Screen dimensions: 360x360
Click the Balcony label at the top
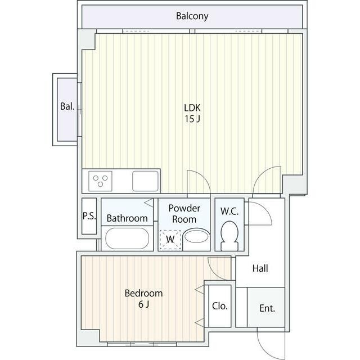click(x=192, y=16)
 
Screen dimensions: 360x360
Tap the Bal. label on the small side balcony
click(x=67, y=106)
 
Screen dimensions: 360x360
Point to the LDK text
click(x=192, y=107)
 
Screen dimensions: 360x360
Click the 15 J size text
click(x=192, y=119)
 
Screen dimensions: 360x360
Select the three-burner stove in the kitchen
click(x=100, y=181)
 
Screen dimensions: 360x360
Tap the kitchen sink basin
click(x=145, y=181)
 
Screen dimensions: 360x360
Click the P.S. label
click(x=89, y=215)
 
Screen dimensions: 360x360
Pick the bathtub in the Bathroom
click(x=127, y=238)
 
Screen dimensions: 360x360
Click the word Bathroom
click(x=127, y=218)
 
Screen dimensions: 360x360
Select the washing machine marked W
click(x=170, y=240)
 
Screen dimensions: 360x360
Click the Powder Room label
click(x=184, y=214)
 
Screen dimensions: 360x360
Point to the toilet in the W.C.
click(x=229, y=236)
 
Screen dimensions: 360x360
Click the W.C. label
click(x=229, y=211)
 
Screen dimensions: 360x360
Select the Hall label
click(x=260, y=268)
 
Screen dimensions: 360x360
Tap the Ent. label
click(x=267, y=308)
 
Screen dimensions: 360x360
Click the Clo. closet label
click(x=220, y=306)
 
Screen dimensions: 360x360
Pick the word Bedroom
click(x=144, y=293)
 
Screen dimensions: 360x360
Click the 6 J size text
click(x=144, y=304)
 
